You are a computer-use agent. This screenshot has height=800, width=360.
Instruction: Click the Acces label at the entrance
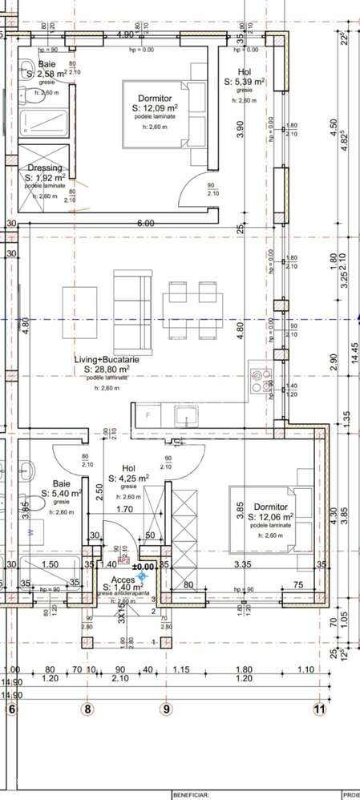pyautogui.click(x=123, y=581)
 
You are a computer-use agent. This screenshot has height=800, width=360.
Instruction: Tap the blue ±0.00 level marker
pyautogui.click(x=143, y=575)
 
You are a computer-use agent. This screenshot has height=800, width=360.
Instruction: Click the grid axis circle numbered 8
pyautogui.click(x=88, y=709)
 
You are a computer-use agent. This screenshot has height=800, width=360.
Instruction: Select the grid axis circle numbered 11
pyautogui.click(x=320, y=709)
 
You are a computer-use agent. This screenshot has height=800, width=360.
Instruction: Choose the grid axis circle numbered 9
pyautogui.click(x=167, y=709)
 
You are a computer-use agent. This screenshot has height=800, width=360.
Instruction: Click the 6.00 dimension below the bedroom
pyautogui.click(x=144, y=224)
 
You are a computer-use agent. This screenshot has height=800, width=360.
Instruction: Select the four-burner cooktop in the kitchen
pyautogui.click(x=260, y=381)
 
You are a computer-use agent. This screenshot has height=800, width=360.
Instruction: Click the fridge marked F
pyautogui.click(x=147, y=415)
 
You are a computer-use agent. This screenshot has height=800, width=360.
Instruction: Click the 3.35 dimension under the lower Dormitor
pyautogui.click(x=243, y=565)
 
